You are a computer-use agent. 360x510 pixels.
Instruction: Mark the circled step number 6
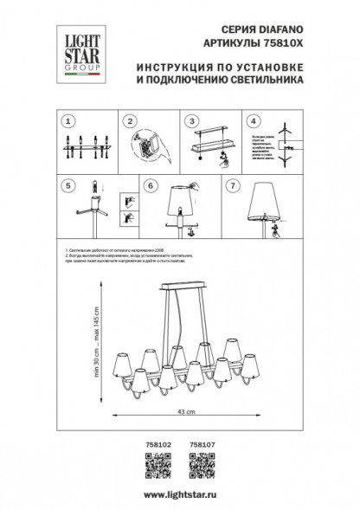coord(149,184)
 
